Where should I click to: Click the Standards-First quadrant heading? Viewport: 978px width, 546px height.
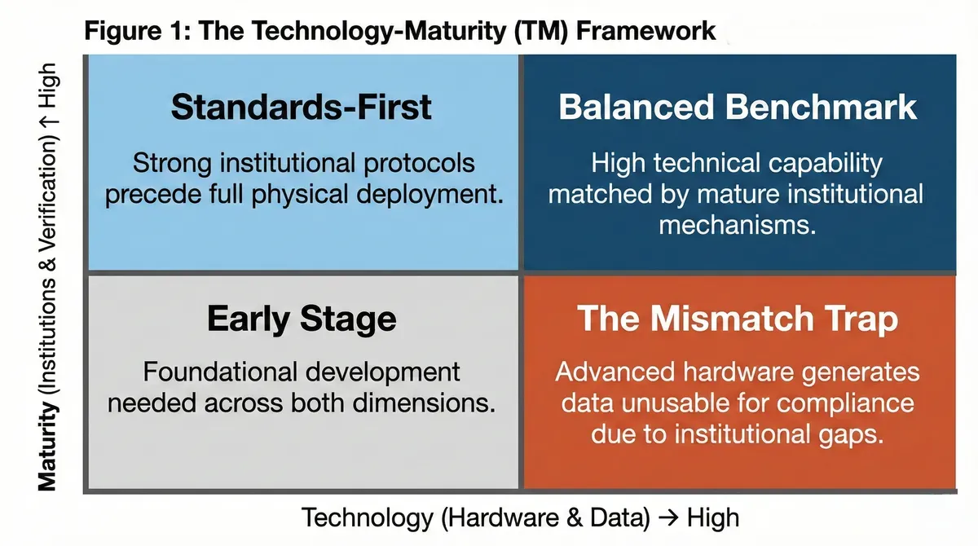[x=302, y=107]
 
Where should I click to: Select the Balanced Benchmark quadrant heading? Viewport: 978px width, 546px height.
[x=738, y=107]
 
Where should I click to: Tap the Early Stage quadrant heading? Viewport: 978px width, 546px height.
[x=302, y=319]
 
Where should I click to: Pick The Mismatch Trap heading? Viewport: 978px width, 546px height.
[x=738, y=318]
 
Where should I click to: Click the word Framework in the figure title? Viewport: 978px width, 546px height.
[x=645, y=31]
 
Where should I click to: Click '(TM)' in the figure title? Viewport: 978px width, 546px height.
[x=541, y=32]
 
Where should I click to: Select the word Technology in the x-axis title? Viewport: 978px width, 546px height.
[x=368, y=517]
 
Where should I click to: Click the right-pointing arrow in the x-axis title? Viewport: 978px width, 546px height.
[x=668, y=517]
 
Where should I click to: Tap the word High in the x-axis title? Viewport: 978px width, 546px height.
[x=713, y=517]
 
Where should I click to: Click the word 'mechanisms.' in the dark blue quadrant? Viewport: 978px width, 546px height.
[x=738, y=225]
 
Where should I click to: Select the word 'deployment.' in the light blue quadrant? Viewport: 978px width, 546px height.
[x=430, y=194]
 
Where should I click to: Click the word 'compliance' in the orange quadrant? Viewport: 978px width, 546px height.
[x=845, y=403]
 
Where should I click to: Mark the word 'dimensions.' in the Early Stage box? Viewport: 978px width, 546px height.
[x=424, y=403]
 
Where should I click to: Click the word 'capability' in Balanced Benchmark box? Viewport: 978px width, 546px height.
[x=825, y=164]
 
